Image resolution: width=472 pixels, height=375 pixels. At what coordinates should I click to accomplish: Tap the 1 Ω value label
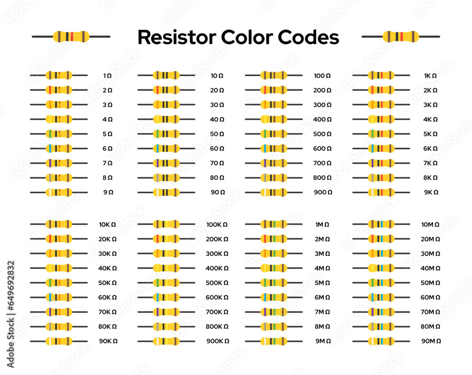pyautogui.click(x=108, y=76)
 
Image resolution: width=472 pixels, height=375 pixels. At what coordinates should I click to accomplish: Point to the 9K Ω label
pyautogui.click(x=431, y=192)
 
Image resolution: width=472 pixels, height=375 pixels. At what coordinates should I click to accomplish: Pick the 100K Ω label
pyautogui.click(x=217, y=225)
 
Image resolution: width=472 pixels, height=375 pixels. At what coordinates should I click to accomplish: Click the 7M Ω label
pyautogui.click(x=322, y=312)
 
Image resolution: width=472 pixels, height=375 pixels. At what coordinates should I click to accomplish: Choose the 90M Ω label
pyautogui.click(x=431, y=341)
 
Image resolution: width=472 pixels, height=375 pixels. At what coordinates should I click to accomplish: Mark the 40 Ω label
pyautogui.click(x=217, y=119)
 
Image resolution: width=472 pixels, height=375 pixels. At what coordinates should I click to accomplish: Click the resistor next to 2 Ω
pyautogui.click(x=59, y=90)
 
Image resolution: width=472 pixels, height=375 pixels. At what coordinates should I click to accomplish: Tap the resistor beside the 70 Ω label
pyautogui.click(x=166, y=163)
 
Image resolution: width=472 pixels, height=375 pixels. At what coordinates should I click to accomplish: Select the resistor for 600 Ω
pyautogui.click(x=274, y=148)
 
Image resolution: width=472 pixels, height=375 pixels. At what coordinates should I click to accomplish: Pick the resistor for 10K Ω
pyautogui.click(x=59, y=224)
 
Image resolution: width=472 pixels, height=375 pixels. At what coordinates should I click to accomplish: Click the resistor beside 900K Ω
pyautogui.click(x=166, y=341)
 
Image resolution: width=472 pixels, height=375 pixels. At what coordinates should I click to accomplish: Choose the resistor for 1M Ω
pyautogui.click(x=274, y=224)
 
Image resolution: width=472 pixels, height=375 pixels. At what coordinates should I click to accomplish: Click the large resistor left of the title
pyautogui.click(x=71, y=36)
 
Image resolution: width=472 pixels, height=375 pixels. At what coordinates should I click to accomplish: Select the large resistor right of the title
pyautogui.click(x=401, y=36)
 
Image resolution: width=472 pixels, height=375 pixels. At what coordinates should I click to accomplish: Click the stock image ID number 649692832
pyautogui.click(x=11, y=314)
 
